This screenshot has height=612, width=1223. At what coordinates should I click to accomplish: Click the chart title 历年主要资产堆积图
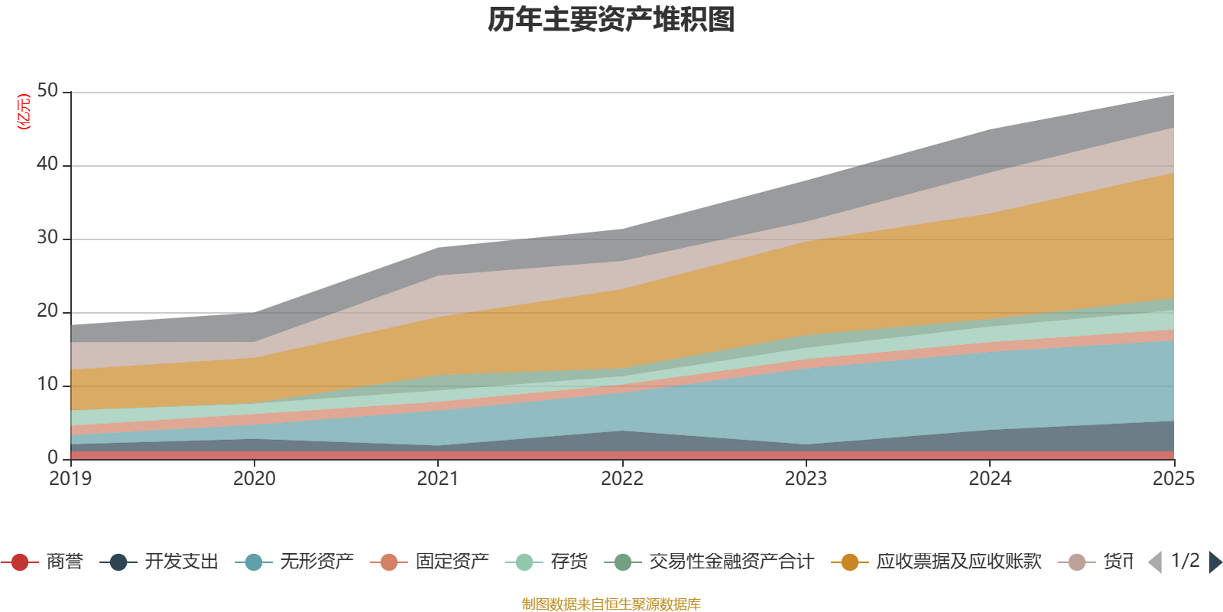tap(611, 20)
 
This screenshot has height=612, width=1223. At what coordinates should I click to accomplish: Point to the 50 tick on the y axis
tap(47, 91)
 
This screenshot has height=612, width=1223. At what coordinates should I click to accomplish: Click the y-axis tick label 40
tap(47, 164)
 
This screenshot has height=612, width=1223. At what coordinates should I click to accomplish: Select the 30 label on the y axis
tap(47, 238)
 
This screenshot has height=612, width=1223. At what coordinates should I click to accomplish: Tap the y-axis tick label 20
tap(47, 311)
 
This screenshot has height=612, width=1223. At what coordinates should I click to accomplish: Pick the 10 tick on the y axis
tap(47, 385)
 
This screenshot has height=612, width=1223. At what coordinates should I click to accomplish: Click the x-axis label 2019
tap(70, 479)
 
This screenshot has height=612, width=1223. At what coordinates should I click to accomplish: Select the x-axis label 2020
tap(254, 479)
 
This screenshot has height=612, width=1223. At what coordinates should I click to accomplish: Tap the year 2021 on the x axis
tap(438, 479)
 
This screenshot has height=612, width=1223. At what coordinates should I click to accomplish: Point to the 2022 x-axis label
tap(622, 479)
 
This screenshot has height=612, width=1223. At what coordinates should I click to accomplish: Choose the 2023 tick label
tap(806, 479)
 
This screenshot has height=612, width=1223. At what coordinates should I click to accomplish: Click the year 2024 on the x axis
tap(990, 479)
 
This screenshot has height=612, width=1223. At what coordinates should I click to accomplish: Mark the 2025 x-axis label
tap(1173, 479)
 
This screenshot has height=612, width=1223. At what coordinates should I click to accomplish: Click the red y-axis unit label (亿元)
tap(24, 112)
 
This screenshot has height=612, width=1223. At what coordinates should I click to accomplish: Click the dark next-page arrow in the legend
tap(1215, 562)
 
